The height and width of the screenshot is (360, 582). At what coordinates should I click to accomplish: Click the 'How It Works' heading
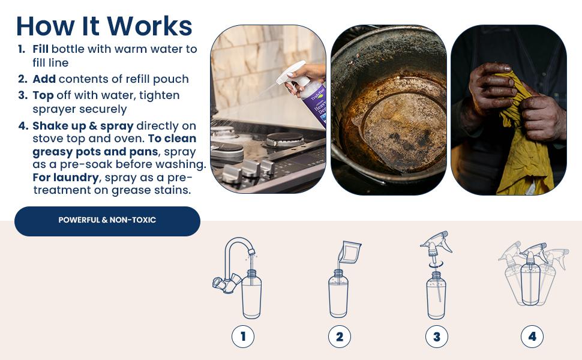pos(104,26)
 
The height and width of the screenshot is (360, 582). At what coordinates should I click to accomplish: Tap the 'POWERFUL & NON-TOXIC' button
pos(107,220)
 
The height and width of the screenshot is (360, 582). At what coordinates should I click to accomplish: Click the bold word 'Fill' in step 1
pos(41,49)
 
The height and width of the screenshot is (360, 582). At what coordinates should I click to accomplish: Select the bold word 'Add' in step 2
pos(44,79)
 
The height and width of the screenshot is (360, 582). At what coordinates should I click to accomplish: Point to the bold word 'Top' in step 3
pos(43,95)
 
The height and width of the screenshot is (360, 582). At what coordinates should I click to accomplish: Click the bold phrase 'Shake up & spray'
pos(83,125)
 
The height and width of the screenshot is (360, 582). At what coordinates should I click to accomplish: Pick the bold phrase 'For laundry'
pos(65,178)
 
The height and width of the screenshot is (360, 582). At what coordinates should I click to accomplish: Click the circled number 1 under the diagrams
pos(243,337)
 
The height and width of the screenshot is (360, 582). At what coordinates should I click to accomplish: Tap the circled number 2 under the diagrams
pos(339,337)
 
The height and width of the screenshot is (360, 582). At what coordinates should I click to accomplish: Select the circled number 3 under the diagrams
pos(436,337)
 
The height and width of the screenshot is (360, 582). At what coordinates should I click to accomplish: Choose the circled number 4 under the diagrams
pos(532,337)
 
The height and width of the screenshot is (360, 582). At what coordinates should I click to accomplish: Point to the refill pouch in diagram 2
pos(349,253)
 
